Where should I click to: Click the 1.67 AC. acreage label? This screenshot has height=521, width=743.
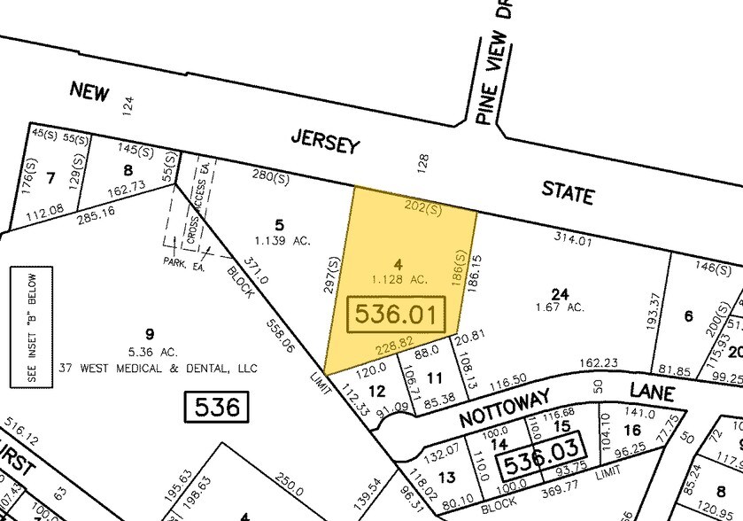pyautogui.click(x=561, y=307)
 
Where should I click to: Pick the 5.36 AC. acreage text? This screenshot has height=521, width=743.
pyautogui.click(x=150, y=351)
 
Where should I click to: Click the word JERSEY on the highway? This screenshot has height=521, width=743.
pyautogui.click(x=326, y=139)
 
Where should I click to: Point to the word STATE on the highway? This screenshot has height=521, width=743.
pyautogui.click(x=568, y=191)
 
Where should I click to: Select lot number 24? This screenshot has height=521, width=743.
pyautogui.click(x=559, y=294)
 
